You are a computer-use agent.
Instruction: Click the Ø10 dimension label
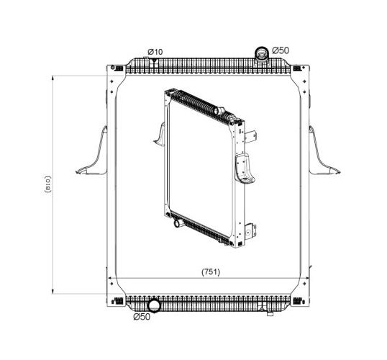tap(155, 52)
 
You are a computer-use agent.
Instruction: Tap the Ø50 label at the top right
tap(281, 50)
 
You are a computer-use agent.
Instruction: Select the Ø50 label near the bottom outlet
tap(142, 317)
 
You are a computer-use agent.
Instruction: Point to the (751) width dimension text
tap(211, 272)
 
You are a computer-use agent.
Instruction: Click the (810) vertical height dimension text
tap(47, 184)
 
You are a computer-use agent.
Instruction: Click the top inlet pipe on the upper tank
tap(262, 54)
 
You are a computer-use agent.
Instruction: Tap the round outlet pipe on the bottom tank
tap(154, 305)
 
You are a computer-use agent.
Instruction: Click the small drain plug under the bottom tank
tap(270, 314)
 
